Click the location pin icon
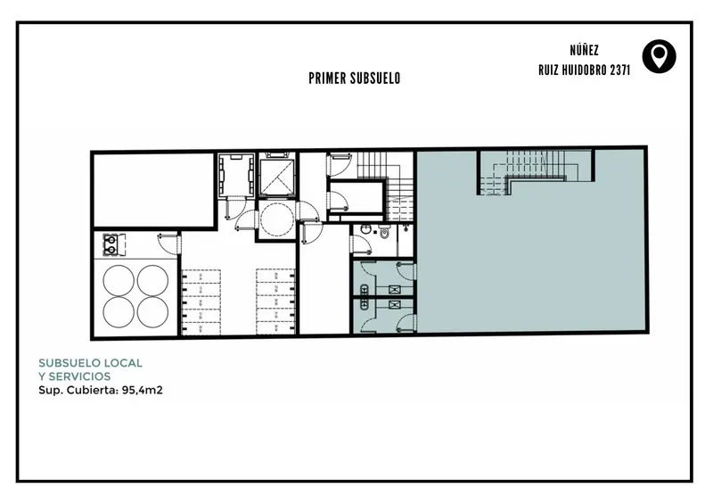(x=659, y=56)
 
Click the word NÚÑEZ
(x=585, y=50)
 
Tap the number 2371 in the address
(x=619, y=70)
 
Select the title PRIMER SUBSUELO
(x=354, y=78)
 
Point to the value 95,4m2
(x=143, y=390)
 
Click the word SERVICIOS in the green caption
(x=79, y=376)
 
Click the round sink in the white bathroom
(x=365, y=229)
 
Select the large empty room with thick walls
(x=153, y=189)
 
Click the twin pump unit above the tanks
(x=110, y=244)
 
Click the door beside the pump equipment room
(x=168, y=244)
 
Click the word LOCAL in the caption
(x=123, y=363)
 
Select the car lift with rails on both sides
(x=236, y=175)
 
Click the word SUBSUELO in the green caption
(x=70, y=363)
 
